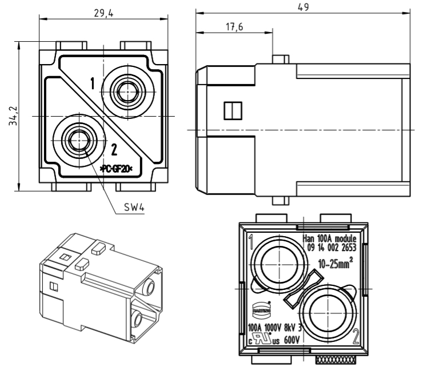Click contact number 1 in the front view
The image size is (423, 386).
[x=92, y=84]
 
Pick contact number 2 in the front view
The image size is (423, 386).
[x=114, y=150]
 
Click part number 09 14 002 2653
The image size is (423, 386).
[x=331, y=248]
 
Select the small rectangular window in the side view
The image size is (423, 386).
[x=232, y=110]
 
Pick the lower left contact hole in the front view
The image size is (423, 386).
[x=76, y=138]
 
